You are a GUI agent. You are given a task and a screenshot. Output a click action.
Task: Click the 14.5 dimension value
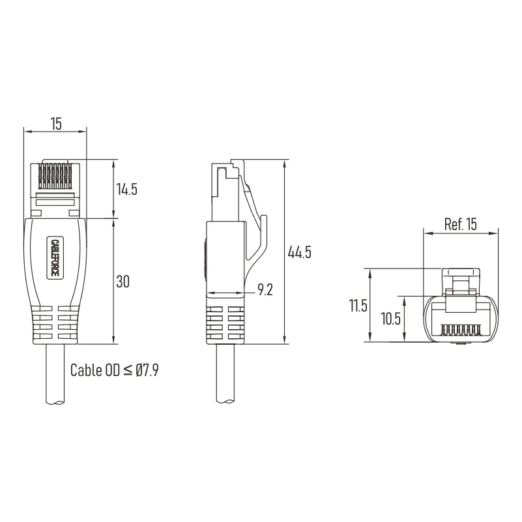coord(127,189)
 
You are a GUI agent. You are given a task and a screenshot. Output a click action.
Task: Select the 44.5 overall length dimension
coord(300,252)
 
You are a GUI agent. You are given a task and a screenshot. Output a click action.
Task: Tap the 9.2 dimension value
coord(265,289)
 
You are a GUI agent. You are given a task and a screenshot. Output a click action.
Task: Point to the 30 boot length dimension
coord(123,282)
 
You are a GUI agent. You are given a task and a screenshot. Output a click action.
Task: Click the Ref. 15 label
coord(460,224)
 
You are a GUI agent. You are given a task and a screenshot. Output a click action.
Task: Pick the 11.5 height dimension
coord(358,305)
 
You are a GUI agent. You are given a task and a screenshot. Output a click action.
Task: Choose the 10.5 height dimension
coord(390,319)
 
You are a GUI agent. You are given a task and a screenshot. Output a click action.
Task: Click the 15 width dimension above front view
coord(56,124)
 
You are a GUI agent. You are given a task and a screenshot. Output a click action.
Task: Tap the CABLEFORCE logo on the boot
coord(55,257)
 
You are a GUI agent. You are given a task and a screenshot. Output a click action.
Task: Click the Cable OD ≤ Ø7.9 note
coord(114,370)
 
